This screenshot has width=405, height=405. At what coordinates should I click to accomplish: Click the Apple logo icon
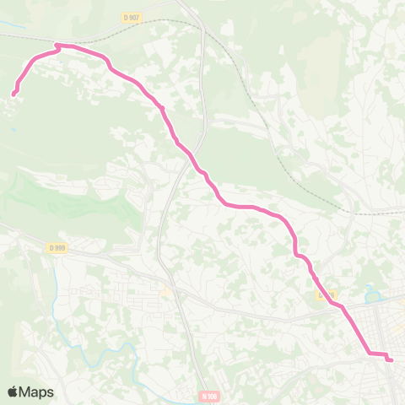(13, 391)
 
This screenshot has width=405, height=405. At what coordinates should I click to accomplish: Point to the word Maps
(37, 391)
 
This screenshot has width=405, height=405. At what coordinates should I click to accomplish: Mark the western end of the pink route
(14, 94)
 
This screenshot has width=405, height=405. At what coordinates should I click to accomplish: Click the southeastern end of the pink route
(391, 360)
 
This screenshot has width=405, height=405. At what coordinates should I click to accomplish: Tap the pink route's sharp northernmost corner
(57, 45)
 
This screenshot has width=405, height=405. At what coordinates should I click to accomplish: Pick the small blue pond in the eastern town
(371, 295)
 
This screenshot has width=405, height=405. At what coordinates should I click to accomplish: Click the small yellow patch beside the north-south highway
(166, 293)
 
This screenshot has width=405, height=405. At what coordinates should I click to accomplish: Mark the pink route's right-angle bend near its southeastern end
(369, 354)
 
